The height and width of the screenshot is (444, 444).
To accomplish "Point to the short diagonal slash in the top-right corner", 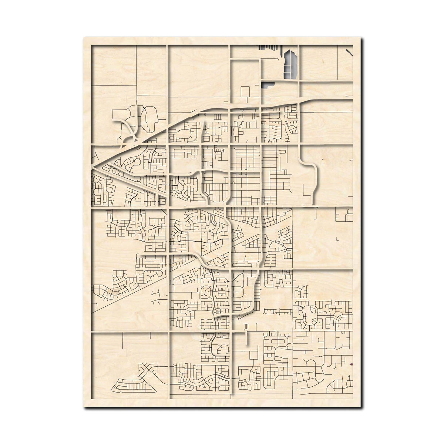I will tap(350, 52).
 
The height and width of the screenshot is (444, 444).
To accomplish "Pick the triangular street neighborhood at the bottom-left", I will tap(134, 386).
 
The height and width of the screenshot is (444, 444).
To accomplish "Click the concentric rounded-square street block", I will tap(222, 292).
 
